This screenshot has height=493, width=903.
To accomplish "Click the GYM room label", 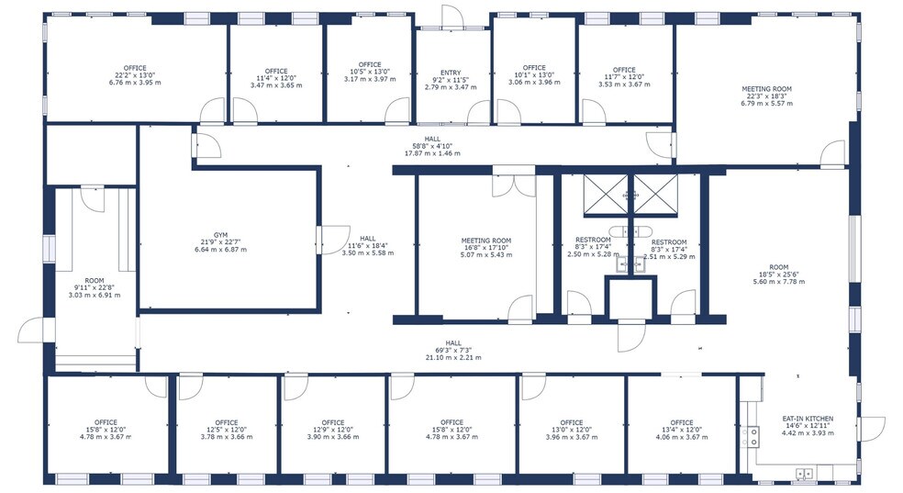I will [220, 242].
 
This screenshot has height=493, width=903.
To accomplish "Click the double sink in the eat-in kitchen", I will [804, 474].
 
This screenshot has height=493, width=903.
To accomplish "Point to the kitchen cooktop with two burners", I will [753, 435].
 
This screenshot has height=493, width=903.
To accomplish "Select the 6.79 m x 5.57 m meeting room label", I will [766, 96].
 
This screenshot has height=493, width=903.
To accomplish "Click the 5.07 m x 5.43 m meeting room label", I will [486, 248].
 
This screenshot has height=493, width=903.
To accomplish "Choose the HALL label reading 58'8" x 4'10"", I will [432, 146].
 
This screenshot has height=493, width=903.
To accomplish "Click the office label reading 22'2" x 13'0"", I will [135, 75].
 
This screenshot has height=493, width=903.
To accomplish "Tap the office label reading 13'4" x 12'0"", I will [681, 430].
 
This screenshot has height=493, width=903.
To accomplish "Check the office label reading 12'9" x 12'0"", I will [333, 430].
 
